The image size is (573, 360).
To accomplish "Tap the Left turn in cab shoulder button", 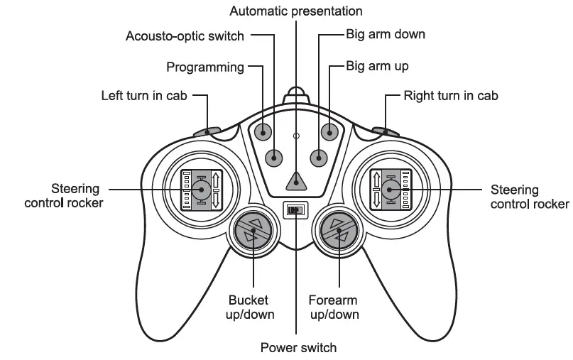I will click(208, 131).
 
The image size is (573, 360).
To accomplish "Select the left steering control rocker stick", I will click(201, 189).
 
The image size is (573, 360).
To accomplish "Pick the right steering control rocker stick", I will click(391, 189).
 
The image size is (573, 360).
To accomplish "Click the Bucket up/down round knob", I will click(252, 231).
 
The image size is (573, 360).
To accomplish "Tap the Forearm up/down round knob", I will click(339, 231).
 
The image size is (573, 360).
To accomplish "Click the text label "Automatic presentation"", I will click(296, 11).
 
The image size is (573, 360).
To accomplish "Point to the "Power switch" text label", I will click(298, 347).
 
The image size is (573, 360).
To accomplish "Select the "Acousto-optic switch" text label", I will click(185, 36).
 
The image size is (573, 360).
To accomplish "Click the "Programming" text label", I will click(205, 67).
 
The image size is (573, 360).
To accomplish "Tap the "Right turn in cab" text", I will click(451, 95).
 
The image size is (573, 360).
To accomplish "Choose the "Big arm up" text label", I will click(377, 67).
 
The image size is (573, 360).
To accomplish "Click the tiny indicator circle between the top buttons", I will click(296, 135).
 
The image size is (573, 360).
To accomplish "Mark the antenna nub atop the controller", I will click(296, 94).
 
